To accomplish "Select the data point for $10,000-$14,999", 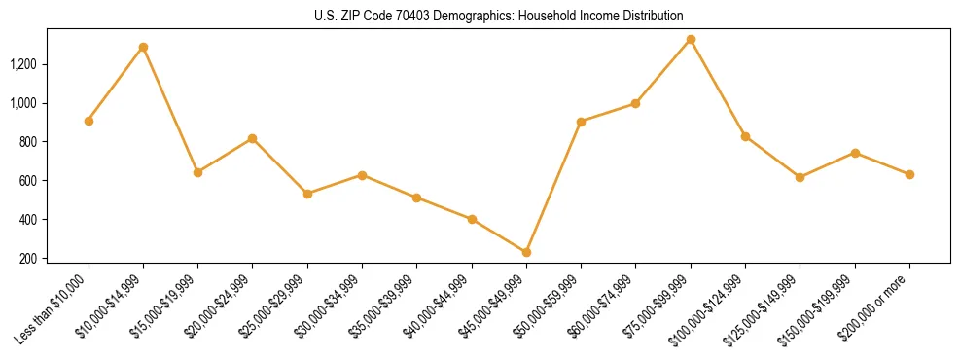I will [143, 47].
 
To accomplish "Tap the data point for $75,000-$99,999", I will [691, 39].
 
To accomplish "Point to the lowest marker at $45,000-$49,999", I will [526, 252].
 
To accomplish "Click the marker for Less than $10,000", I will [89, 121].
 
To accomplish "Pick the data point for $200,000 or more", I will [909, 174].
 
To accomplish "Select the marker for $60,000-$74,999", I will [636, 103].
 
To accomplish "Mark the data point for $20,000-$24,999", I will [253, 138].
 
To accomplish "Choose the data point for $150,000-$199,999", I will [855, 153].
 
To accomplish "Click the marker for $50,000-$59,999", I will [581, 122].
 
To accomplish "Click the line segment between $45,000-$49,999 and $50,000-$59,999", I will [553, 187].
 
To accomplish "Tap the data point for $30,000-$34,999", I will [362, 175].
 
